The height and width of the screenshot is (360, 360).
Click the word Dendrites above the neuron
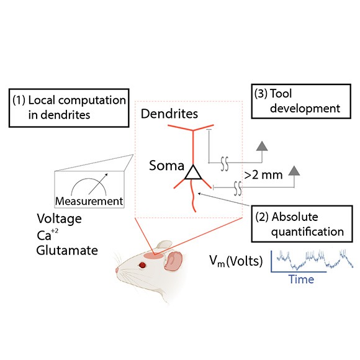point(169,114)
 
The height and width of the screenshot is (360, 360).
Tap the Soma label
point(166,165)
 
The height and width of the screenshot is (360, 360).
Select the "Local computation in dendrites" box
point(69,107)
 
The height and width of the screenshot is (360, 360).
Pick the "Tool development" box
point(301,101)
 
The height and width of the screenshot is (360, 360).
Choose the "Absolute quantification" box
point(302,224)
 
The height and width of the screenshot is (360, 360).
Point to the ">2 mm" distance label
point(263,175)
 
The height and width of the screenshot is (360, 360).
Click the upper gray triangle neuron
point(262,147)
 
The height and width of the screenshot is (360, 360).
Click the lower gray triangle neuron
point(294,171)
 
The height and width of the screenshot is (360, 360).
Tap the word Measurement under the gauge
point(89,201)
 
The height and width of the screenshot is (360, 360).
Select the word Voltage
point(59,218)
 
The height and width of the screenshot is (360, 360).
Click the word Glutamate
point(67,250)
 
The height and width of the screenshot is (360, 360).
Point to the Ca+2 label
point(47,235)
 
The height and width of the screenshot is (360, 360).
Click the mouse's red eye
point(143,265)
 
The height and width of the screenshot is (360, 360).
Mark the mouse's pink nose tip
point(117,270)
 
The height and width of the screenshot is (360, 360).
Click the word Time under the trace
point(301,279)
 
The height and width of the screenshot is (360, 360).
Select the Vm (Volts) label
point(236,261)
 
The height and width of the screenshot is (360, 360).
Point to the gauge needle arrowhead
point(106,175)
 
